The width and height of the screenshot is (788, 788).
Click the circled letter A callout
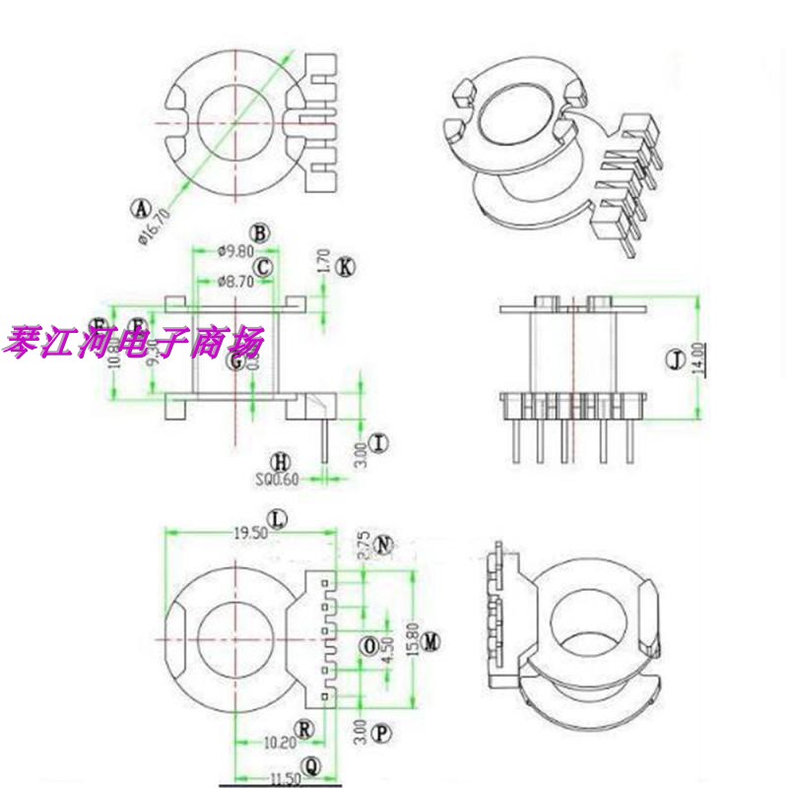click(x=142, y=209)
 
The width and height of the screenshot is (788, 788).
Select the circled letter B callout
click(x=259, y=233)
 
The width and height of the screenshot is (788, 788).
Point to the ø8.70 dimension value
click(x=234, y=282)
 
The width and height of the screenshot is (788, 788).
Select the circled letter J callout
click(x=675, y=362)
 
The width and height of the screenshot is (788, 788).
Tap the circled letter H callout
click(x=282, y=461)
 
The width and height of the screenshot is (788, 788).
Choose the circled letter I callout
click(x=381, y=442)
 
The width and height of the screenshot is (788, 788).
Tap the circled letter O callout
click(x=368, y=645)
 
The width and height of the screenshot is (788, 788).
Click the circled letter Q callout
click(x=311, y=764)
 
